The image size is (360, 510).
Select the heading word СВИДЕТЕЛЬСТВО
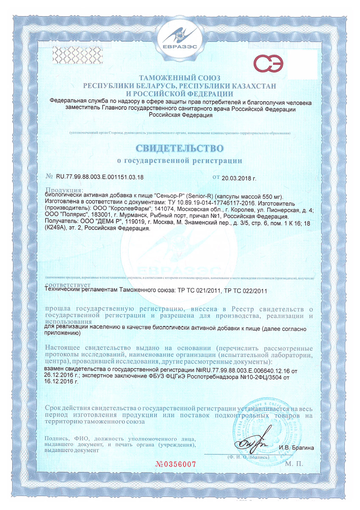coord(179,148)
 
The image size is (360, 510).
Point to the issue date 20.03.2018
coord(239,177)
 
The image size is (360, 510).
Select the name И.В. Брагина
coord(296,448)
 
